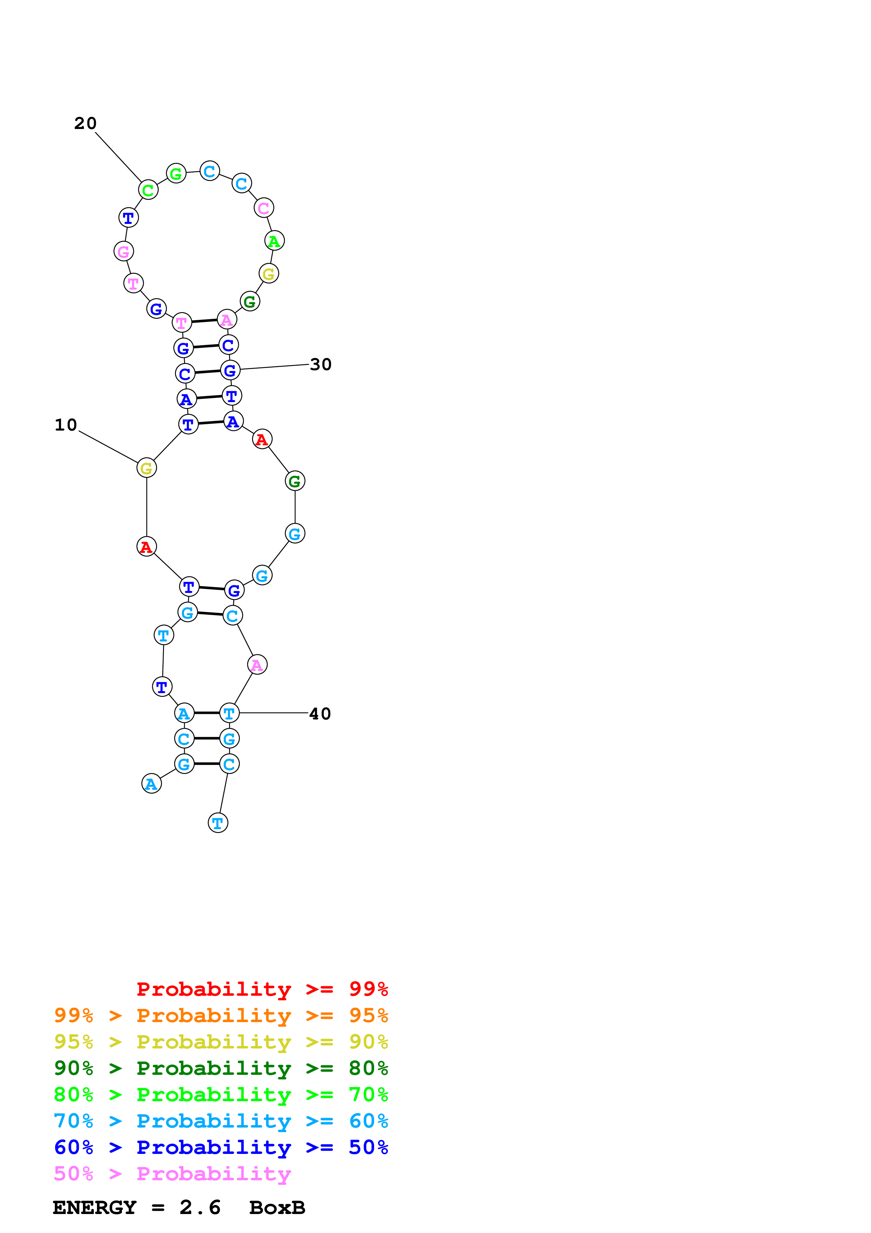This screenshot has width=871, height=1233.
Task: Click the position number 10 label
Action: (x=66, y=425)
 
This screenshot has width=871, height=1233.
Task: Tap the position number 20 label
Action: (x=85, y=123)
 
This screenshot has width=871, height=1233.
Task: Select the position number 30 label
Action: (x=321, y=364)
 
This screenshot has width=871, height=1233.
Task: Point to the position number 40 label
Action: (x=320, y=714)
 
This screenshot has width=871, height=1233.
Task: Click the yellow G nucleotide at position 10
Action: (x=147, y=468)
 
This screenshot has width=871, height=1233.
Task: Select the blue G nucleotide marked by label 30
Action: (x=230, y=370)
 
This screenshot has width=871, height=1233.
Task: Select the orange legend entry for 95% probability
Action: (x=221, y=1015)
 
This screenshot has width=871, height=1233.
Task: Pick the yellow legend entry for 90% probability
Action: (x=221, y=1042)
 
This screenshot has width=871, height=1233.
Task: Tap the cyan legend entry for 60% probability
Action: (x=221, y=1121)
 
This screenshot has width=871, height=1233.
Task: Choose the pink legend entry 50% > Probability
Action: (x=172, y=1173)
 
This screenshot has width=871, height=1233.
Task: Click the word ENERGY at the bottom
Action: (x=95, y=1208)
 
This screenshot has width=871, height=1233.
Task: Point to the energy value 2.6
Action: (x=200, y=1208)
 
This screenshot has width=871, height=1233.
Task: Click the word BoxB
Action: (x=278, y=1208)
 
